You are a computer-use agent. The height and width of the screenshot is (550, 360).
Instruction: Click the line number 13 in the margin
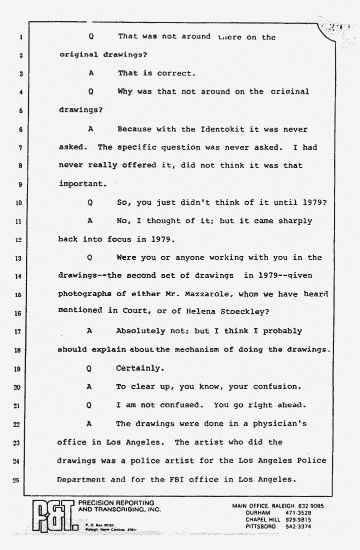coord(17,258)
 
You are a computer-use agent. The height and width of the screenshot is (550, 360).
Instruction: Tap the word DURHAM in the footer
coord(258,513)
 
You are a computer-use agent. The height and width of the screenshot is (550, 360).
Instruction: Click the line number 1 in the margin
coord(17,37)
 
